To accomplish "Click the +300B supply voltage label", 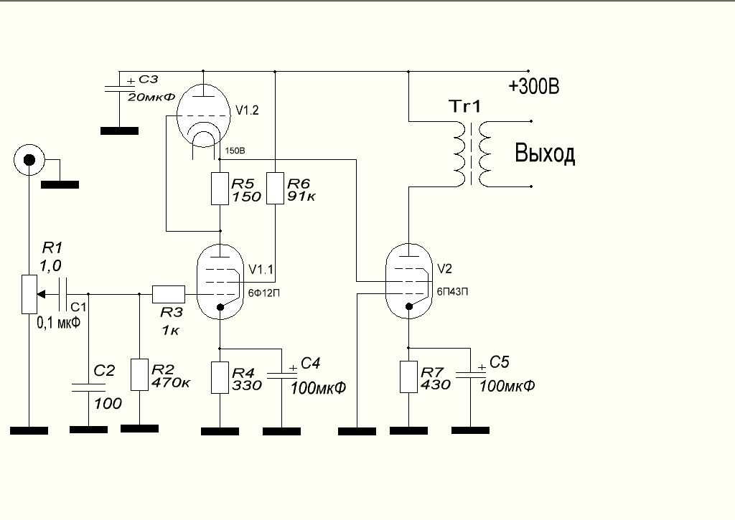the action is pyautogui.click(x=534, y=87).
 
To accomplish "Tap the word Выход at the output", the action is pyautogui.click(x=545, y=153).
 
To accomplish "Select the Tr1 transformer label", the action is pyautogui.click(x=464, y=106).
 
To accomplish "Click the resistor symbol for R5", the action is pyautogui.click(x=220, y=189).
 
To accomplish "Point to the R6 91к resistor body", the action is pyautogui.click(x=275, y=189).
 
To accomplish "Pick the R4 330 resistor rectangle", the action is pyautogui.click(x=220, y=377).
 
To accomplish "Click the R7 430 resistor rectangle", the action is pyautogui.click(x=408, y=377).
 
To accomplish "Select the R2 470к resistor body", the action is pyautogui.click(x=139, y=375).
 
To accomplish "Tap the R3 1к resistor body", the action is pyautogui.click(x=169, y=294).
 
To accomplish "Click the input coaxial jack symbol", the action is pyautogui.click(x=29, y=160).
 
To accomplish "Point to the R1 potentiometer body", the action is pyautogui.click(x=29, y=294).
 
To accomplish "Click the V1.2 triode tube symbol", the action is pyautogui.click(x=203, y=115).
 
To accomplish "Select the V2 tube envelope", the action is pyautogui.click(x=408, y=281).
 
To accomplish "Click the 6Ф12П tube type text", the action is pyautogui.click(x=264, y=293).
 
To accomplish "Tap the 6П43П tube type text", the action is pyautogui.click(x=452, y=291).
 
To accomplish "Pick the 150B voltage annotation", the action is pyautogui.click(x=235, y=151).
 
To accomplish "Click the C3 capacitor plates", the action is pyautogui.click(x=119, y=88).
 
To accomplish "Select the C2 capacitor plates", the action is pyautogui.click(x=88, y=387).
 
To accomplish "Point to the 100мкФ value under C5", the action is pyautogui.click(x=507, y=386).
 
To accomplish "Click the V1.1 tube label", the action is pyautogui.click(x=261, y=270).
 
